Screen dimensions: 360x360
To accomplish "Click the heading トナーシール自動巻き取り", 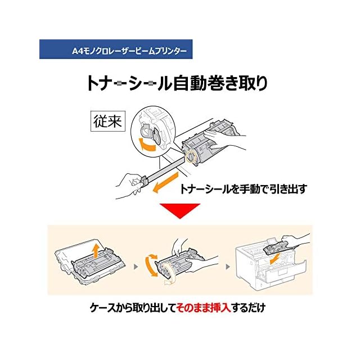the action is (x=177, y=84).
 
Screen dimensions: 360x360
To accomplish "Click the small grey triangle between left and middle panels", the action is (x=135, y=264).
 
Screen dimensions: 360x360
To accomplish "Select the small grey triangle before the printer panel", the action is (x=227, y=264).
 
